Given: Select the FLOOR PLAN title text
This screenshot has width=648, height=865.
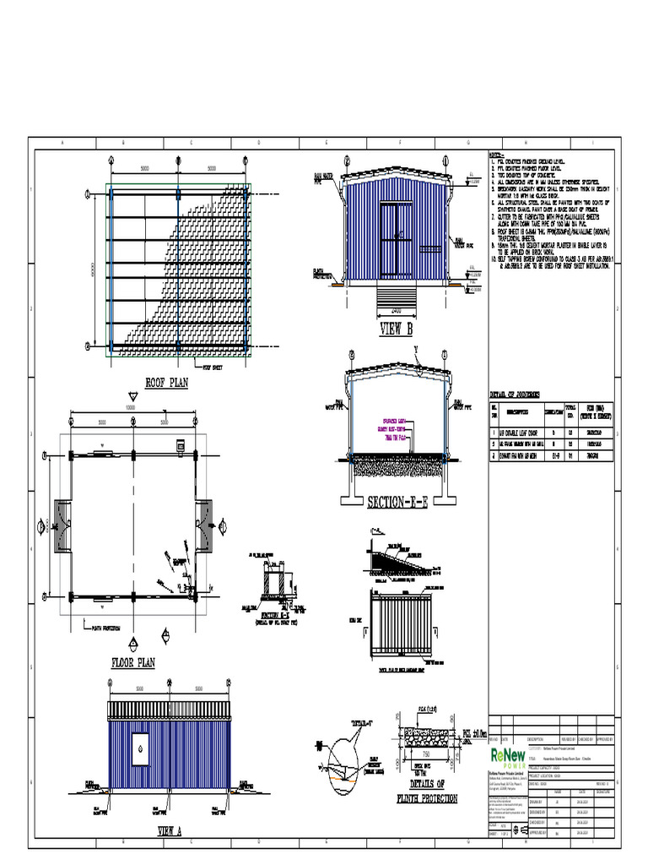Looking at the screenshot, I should (x=132, y=663).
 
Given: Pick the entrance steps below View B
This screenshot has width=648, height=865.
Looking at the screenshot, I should (x=395, y=296).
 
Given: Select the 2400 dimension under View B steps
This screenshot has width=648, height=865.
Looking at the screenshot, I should (x=395, y=312).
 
